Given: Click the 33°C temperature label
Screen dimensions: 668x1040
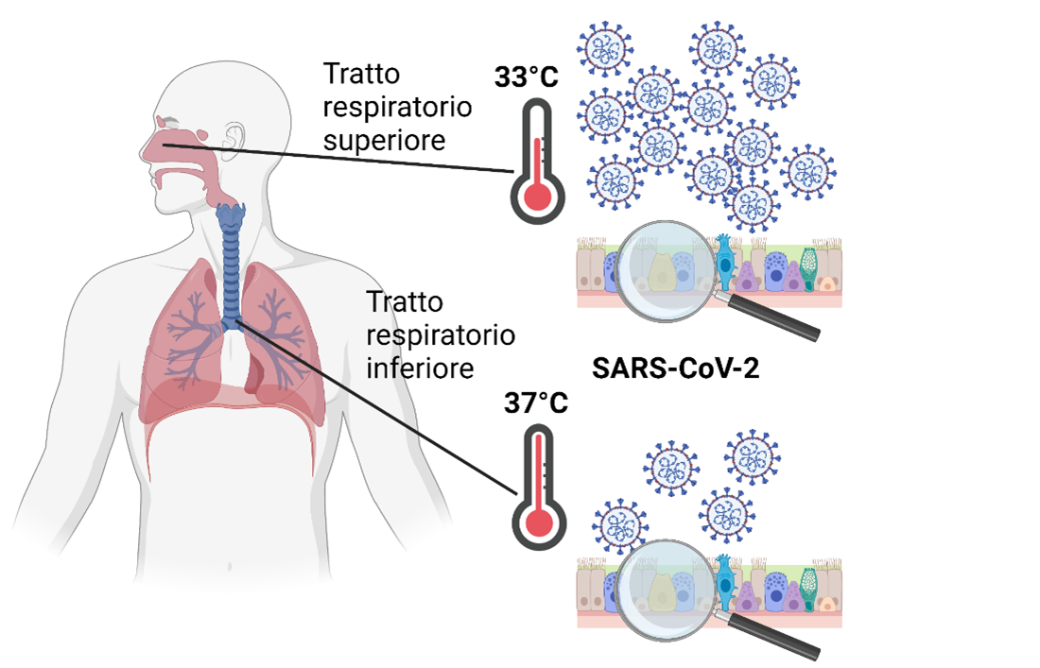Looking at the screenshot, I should pos(527,77).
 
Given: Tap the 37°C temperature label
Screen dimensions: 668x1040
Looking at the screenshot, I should pos(535,403).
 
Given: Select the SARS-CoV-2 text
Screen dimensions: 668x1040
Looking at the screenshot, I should pos(675,368).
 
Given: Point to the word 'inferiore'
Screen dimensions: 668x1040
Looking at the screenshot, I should pos(419,367).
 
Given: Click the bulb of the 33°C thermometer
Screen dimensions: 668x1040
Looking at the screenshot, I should pos(538,196).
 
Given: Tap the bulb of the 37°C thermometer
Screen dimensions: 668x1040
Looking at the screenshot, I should pos(538,522).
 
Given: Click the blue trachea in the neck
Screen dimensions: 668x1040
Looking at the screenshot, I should pos(230,255).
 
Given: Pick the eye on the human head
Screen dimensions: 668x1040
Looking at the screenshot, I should pos(167,123).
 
